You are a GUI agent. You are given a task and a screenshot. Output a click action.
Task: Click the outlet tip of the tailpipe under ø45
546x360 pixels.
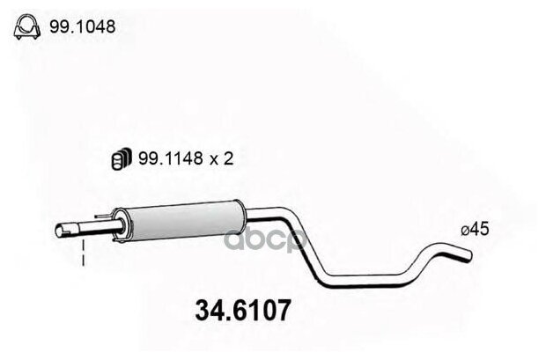point(469,255)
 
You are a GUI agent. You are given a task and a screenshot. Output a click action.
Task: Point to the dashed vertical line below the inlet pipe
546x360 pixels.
point(83,255)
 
